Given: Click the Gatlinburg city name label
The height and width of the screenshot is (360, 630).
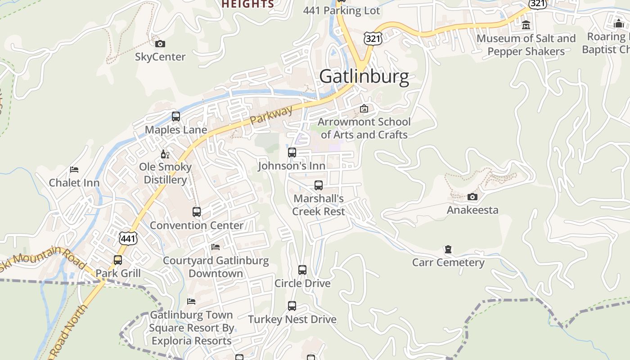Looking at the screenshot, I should (x=364, y=76).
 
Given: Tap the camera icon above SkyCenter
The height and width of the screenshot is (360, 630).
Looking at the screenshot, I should (x=160, y=44).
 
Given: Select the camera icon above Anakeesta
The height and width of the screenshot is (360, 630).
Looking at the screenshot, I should (x=472, y=197).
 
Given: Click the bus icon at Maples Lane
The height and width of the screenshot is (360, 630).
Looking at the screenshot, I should (x=176, y=117).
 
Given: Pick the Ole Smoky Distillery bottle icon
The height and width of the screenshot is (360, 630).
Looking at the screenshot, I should (x=165, y=154).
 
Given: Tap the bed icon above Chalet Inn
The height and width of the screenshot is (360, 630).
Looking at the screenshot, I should (x=74, y=170).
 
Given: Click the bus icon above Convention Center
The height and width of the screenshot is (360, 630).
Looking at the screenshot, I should (x=197, y=212).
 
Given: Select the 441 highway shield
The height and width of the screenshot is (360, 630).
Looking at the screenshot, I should (x=128, y=238).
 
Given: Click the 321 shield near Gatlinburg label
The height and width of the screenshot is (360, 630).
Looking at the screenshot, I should (x=373, y=39).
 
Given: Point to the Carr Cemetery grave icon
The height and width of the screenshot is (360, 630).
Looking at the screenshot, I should (x=448, y=249).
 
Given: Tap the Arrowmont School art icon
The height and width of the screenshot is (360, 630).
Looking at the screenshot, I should (x=364, y=108).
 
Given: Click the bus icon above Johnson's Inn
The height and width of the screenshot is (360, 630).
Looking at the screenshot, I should (x=292, y=153).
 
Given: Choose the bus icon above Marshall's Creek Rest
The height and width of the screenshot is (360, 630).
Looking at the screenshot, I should (x=319, y=185).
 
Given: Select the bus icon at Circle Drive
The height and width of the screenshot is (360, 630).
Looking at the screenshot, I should (x=302, y=270).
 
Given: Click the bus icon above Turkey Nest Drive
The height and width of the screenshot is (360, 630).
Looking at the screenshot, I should (x=292, y=306).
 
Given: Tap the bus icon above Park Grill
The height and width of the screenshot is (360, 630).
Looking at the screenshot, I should (x=118, y=260).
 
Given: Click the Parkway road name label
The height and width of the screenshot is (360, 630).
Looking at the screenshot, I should (x=271, y=115).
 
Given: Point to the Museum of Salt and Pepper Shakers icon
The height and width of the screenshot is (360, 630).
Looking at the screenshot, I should (x=526, y=25).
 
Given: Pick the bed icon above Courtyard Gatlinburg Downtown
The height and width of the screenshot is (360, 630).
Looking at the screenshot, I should (x=216, y=247).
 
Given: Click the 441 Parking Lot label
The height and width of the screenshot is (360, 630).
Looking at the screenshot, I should (x=342, y=10).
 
